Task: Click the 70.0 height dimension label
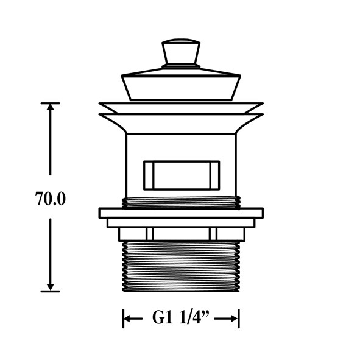tap(51, 199)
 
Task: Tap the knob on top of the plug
tap(181, 51)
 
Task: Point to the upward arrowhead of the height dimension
tap(51, 107)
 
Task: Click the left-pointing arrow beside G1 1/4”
tap(133, 319)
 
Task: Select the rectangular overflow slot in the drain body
tap(182, 175)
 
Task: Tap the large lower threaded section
tap(181, 266)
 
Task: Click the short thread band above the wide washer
tap(181, 202)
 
